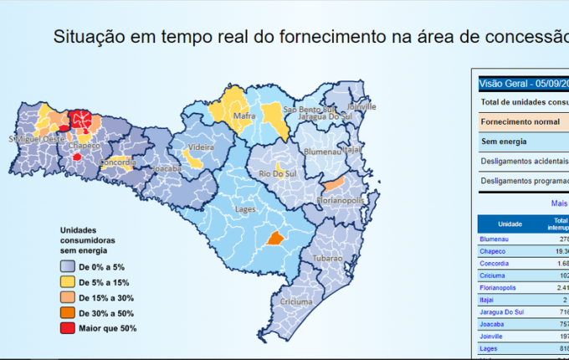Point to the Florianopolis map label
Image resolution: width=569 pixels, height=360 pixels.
[341, 201]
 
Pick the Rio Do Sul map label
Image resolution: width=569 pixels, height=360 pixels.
[275, 173]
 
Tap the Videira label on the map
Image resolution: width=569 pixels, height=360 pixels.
[201, 147]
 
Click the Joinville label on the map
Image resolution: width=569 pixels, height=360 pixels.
[361, 107]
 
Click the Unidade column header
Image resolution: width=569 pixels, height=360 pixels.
[510, 224]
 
